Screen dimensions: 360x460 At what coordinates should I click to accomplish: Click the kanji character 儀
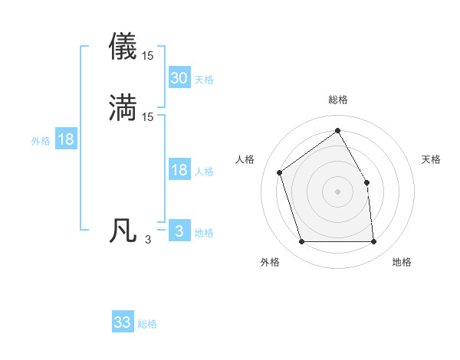[123, 47]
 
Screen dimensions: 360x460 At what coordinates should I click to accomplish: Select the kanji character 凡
[123, 231]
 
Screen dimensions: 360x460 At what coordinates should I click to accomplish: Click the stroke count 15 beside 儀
[148, 56]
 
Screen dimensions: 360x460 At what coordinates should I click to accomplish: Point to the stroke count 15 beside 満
[148, 117]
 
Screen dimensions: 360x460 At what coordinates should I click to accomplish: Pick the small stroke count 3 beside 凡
[148, 240]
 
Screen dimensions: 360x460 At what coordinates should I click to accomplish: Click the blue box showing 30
[179, 77]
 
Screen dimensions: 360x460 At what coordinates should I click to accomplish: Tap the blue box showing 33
[123, 322]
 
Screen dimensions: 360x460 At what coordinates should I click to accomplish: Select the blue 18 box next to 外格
[65, 139]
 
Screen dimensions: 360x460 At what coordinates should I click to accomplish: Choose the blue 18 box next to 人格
[179, 170]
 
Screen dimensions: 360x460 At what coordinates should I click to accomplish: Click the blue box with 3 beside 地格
[179, 231]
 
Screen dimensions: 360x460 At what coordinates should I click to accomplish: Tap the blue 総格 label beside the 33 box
[148, 325]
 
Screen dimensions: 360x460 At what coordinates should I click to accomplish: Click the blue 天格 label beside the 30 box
[204, 80]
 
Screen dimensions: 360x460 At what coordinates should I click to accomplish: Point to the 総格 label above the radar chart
[338, 100]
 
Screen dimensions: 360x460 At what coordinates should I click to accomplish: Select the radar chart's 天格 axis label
[431, 159]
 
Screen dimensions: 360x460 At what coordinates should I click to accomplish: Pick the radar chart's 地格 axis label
[402, 263]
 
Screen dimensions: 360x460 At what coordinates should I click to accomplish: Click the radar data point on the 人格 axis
[280, 172]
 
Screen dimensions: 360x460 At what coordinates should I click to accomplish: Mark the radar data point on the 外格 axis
[301, 242]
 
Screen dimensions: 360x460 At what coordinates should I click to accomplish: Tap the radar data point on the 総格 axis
[337, 130]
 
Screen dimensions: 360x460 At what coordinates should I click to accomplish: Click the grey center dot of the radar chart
[337, 191]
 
